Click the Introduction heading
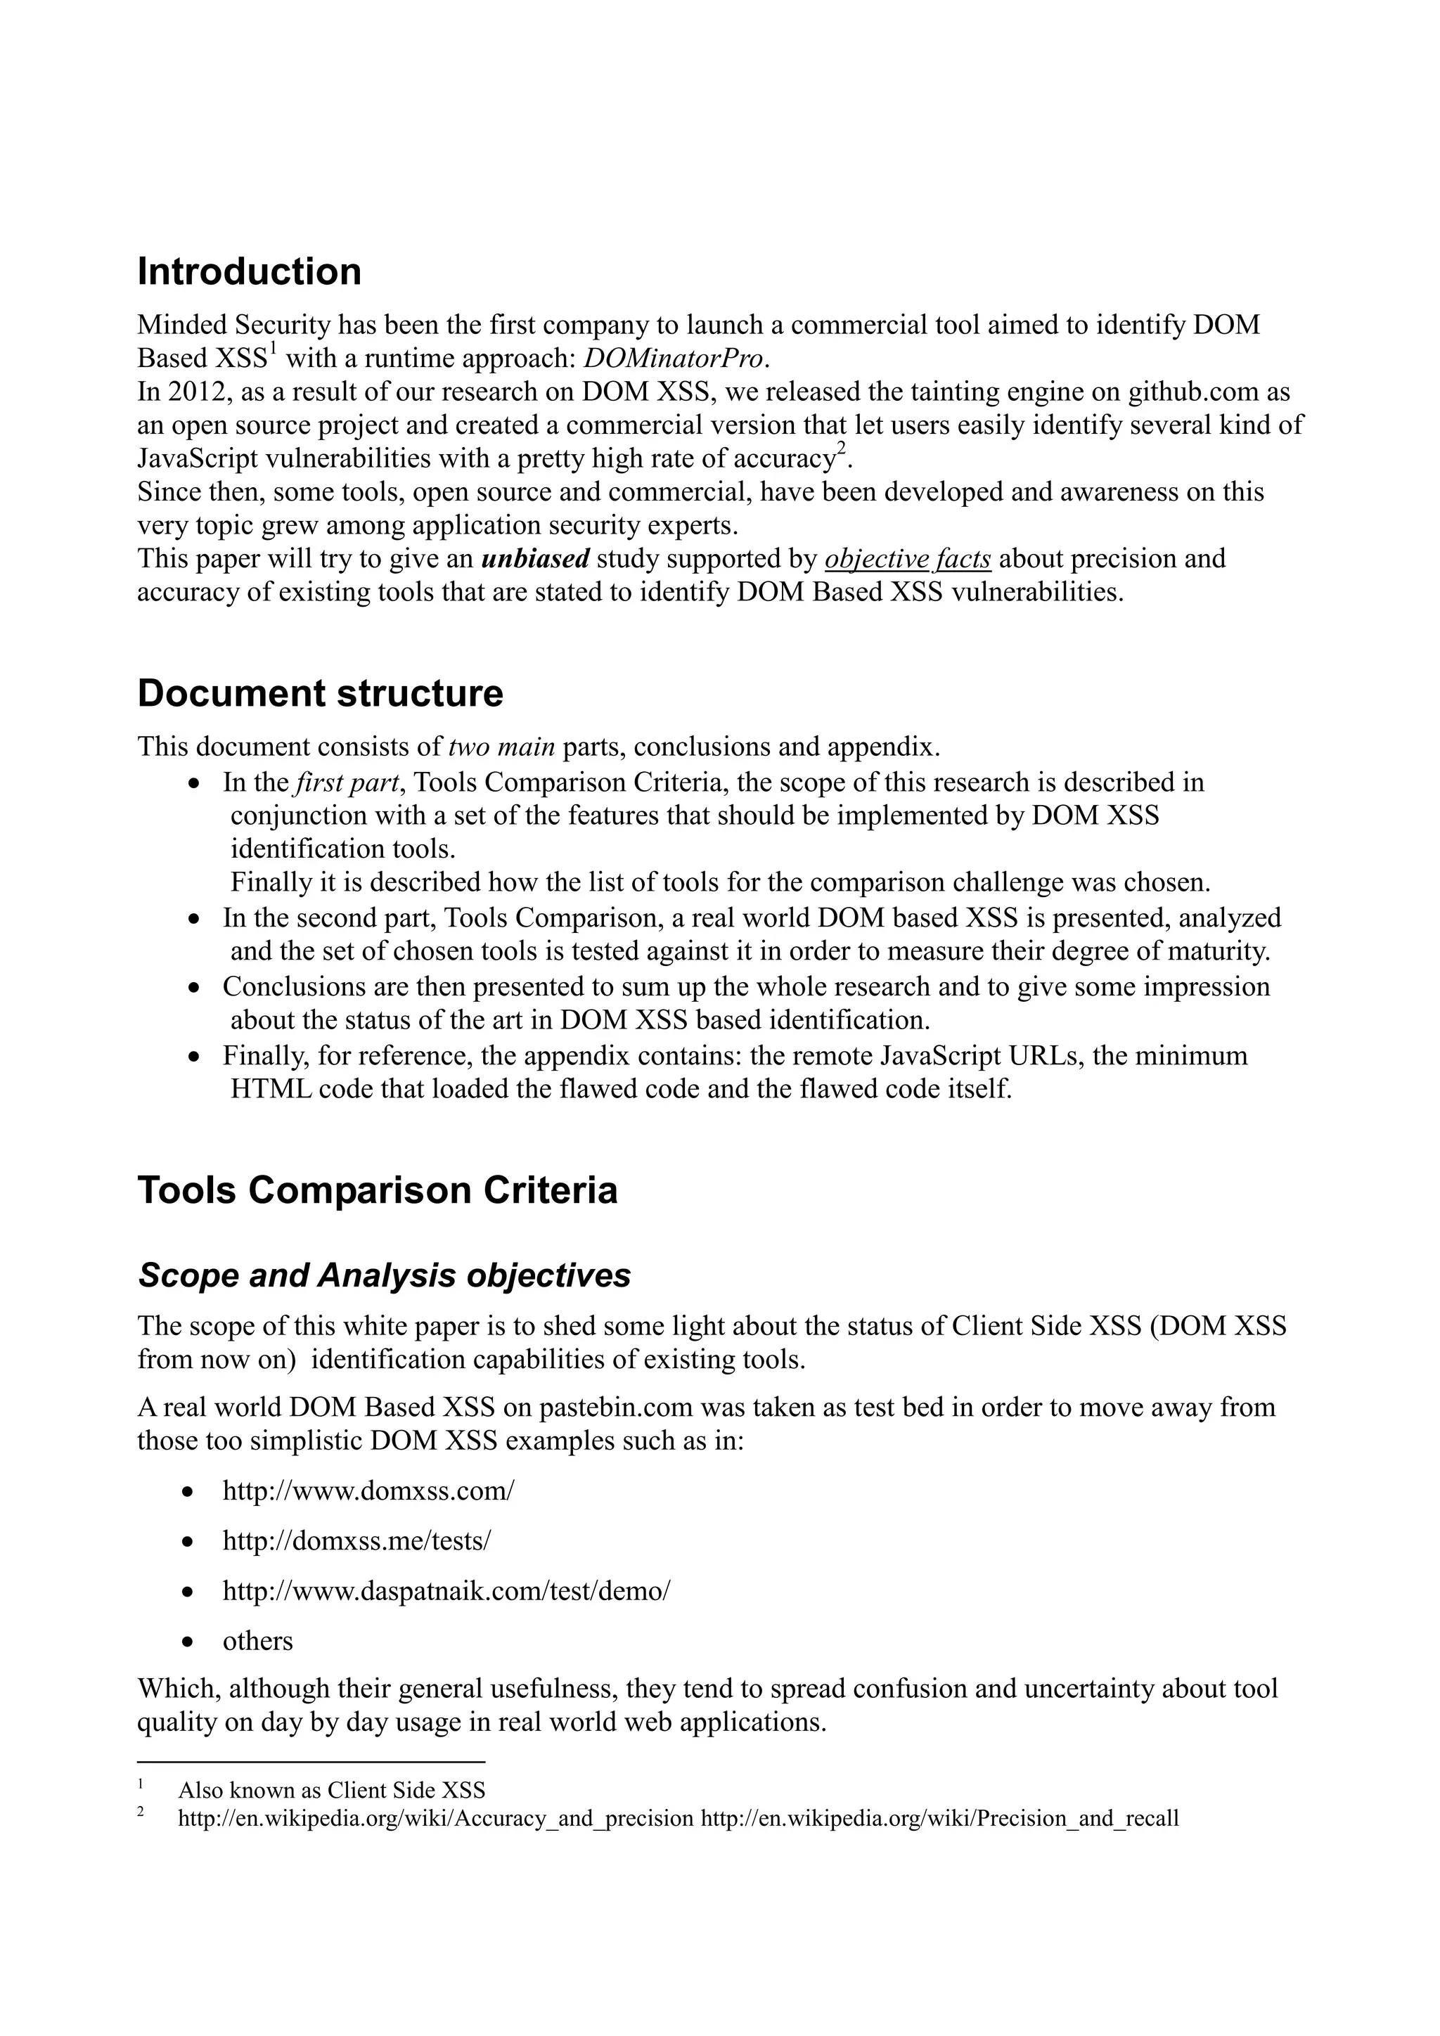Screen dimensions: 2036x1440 coord(249,271)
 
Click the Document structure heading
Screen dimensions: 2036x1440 coord(320,693)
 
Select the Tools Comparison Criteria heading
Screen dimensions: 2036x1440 coord(377,1190)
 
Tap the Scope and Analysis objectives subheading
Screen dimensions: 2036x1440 coord(384,1275)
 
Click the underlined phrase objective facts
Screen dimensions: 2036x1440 coord(907,560)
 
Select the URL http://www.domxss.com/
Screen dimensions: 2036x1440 coord(368,1490)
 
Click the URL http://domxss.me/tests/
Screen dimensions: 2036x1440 coord(356,1540)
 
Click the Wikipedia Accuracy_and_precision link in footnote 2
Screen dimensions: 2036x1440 coord(435,1818)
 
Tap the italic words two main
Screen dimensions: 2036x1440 coord(501,747)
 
